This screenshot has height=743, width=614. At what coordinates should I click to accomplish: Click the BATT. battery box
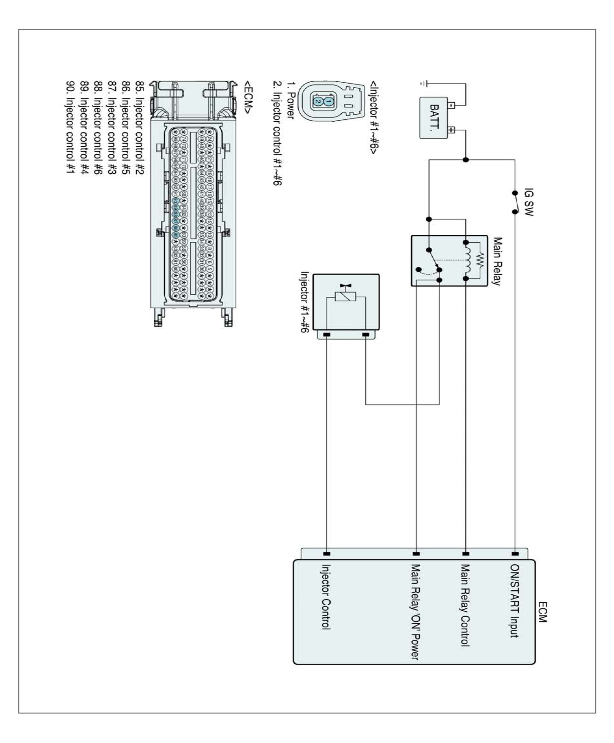pos(434,118)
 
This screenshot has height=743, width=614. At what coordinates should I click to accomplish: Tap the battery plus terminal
pos(451,130)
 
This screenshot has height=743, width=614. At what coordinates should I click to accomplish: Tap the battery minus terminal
pos(451,105)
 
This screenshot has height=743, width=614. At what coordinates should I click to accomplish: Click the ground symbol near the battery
pos(423,84)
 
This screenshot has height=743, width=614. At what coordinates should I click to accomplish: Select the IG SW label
pos(528,202)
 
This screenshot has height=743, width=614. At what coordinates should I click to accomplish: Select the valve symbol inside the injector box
pos(346,286)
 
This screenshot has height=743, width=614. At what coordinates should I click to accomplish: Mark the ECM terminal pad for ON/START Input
pos(515,554)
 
